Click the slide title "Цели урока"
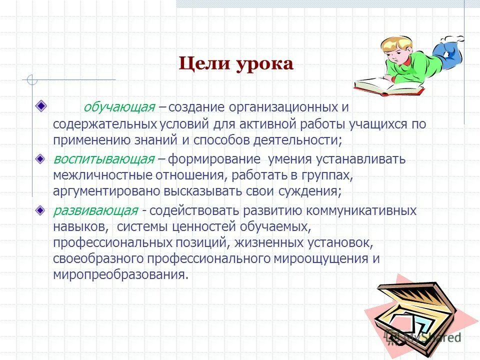point(236,64)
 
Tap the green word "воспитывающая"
point(103,159)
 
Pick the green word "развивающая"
point(95,210)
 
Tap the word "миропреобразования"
point(120,274)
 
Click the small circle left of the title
point(32,79)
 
